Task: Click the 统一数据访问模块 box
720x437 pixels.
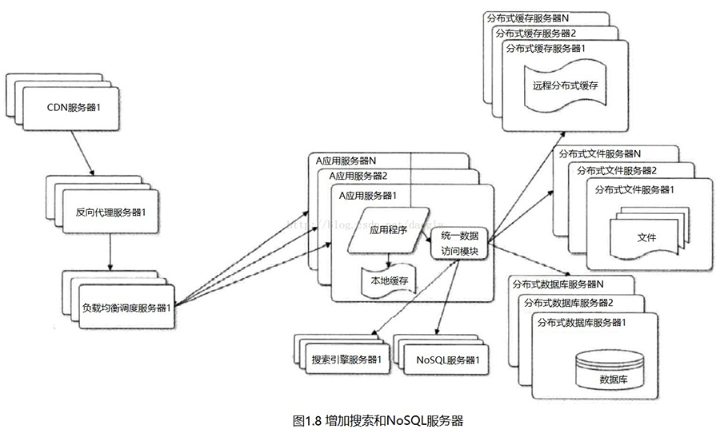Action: [459, 243]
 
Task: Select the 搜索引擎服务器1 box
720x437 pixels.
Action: [346, 359]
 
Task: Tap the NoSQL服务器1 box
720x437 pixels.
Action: [447, 359]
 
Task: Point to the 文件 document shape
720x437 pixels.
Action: [646, 237]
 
